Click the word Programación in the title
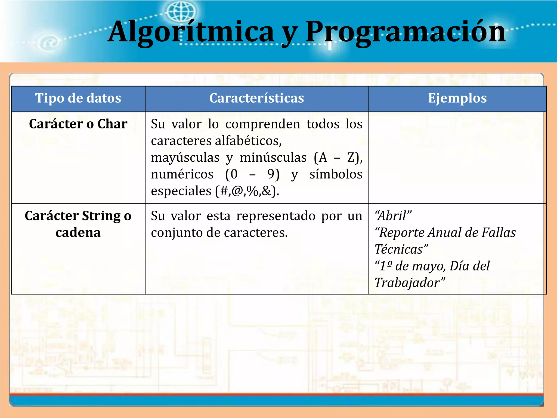[x=405, y=32]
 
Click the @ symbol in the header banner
[x=49, y=43]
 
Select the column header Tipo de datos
[x=78, y=98]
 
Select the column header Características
[x=256, y=98]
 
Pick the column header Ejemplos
[x=457, y=98]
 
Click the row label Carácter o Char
[x=78, y=124]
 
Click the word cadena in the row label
[x=78, y=233]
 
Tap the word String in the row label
[x=101, y=216]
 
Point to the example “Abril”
[x=393, y=216]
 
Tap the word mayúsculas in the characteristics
[x=185, y=158]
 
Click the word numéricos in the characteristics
[x=182, y=174]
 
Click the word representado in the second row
[x=276, y=216]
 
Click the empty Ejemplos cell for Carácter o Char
[x=457, y=158]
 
